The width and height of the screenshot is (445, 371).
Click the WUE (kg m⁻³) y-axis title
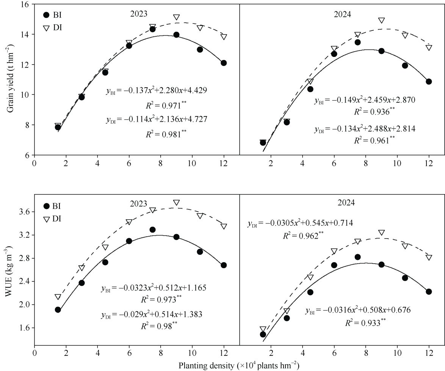click(11, 274)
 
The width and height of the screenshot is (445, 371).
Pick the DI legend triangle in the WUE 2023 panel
click(47, 219)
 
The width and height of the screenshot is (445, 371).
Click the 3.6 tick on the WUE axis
click(26, 212)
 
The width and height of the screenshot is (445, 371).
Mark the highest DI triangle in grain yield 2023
click(176, 17)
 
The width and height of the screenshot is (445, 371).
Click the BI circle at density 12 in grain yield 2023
click(224, 63)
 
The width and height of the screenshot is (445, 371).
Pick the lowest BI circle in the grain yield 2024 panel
click(263, 143)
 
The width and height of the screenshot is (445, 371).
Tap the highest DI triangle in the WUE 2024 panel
click(381, 233)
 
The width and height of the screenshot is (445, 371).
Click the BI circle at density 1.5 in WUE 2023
click(58, 310)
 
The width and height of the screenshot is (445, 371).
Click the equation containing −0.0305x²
click(300, 223)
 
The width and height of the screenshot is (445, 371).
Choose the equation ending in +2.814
click(365, 129)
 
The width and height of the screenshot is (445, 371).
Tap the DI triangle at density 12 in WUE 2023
click(224, 226)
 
